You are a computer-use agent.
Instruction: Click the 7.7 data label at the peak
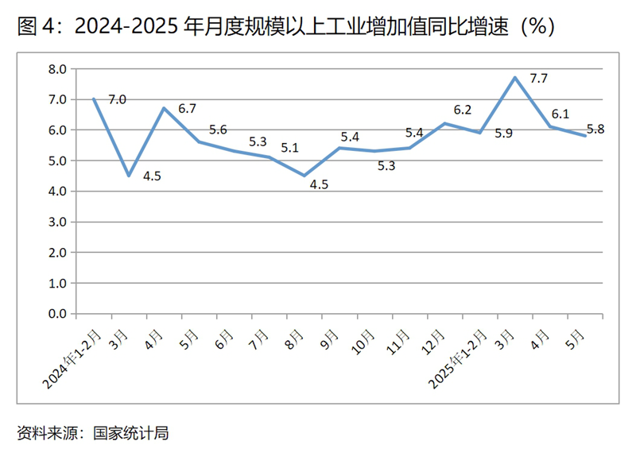point(539,79)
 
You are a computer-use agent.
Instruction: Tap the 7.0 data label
point(117,99)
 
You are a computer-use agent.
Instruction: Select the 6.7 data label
point(188,108)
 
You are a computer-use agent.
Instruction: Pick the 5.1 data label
point(291,148)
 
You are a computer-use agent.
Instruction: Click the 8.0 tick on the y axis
point(56,69)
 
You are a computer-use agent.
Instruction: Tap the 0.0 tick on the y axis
point(56,314)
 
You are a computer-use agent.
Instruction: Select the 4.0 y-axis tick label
point(56,192)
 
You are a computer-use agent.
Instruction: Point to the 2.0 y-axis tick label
point(56,253)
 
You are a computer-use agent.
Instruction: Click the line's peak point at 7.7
point(515,77)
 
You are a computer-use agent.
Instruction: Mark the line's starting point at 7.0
point(94,99)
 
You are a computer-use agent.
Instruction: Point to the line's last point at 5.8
point(585,136)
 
